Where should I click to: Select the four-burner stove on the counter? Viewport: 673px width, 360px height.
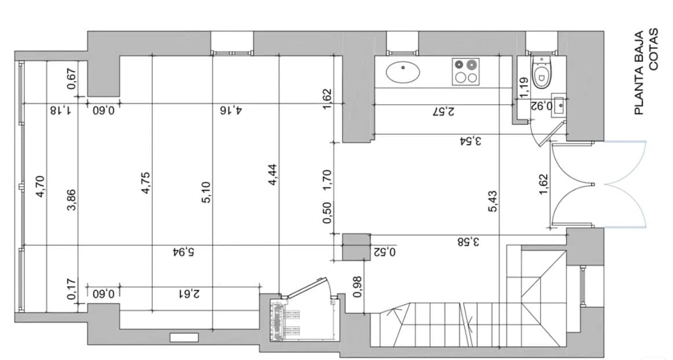coord(466,71)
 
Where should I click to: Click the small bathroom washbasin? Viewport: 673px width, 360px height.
coord(558,106)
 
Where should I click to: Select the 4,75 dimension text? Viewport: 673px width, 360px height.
coord(146,183)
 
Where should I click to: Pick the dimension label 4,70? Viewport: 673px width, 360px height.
coord(40,187)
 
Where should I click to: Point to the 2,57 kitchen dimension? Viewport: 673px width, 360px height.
coord(443,111)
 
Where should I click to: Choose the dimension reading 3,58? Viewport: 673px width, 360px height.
coord(468,242)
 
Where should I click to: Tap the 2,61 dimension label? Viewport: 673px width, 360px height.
coord(189,293)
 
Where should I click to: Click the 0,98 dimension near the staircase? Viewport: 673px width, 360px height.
coord(357,286)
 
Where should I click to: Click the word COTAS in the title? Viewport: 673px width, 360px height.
coord(654,49)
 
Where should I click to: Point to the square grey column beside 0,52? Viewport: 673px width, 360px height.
coord(355,247)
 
